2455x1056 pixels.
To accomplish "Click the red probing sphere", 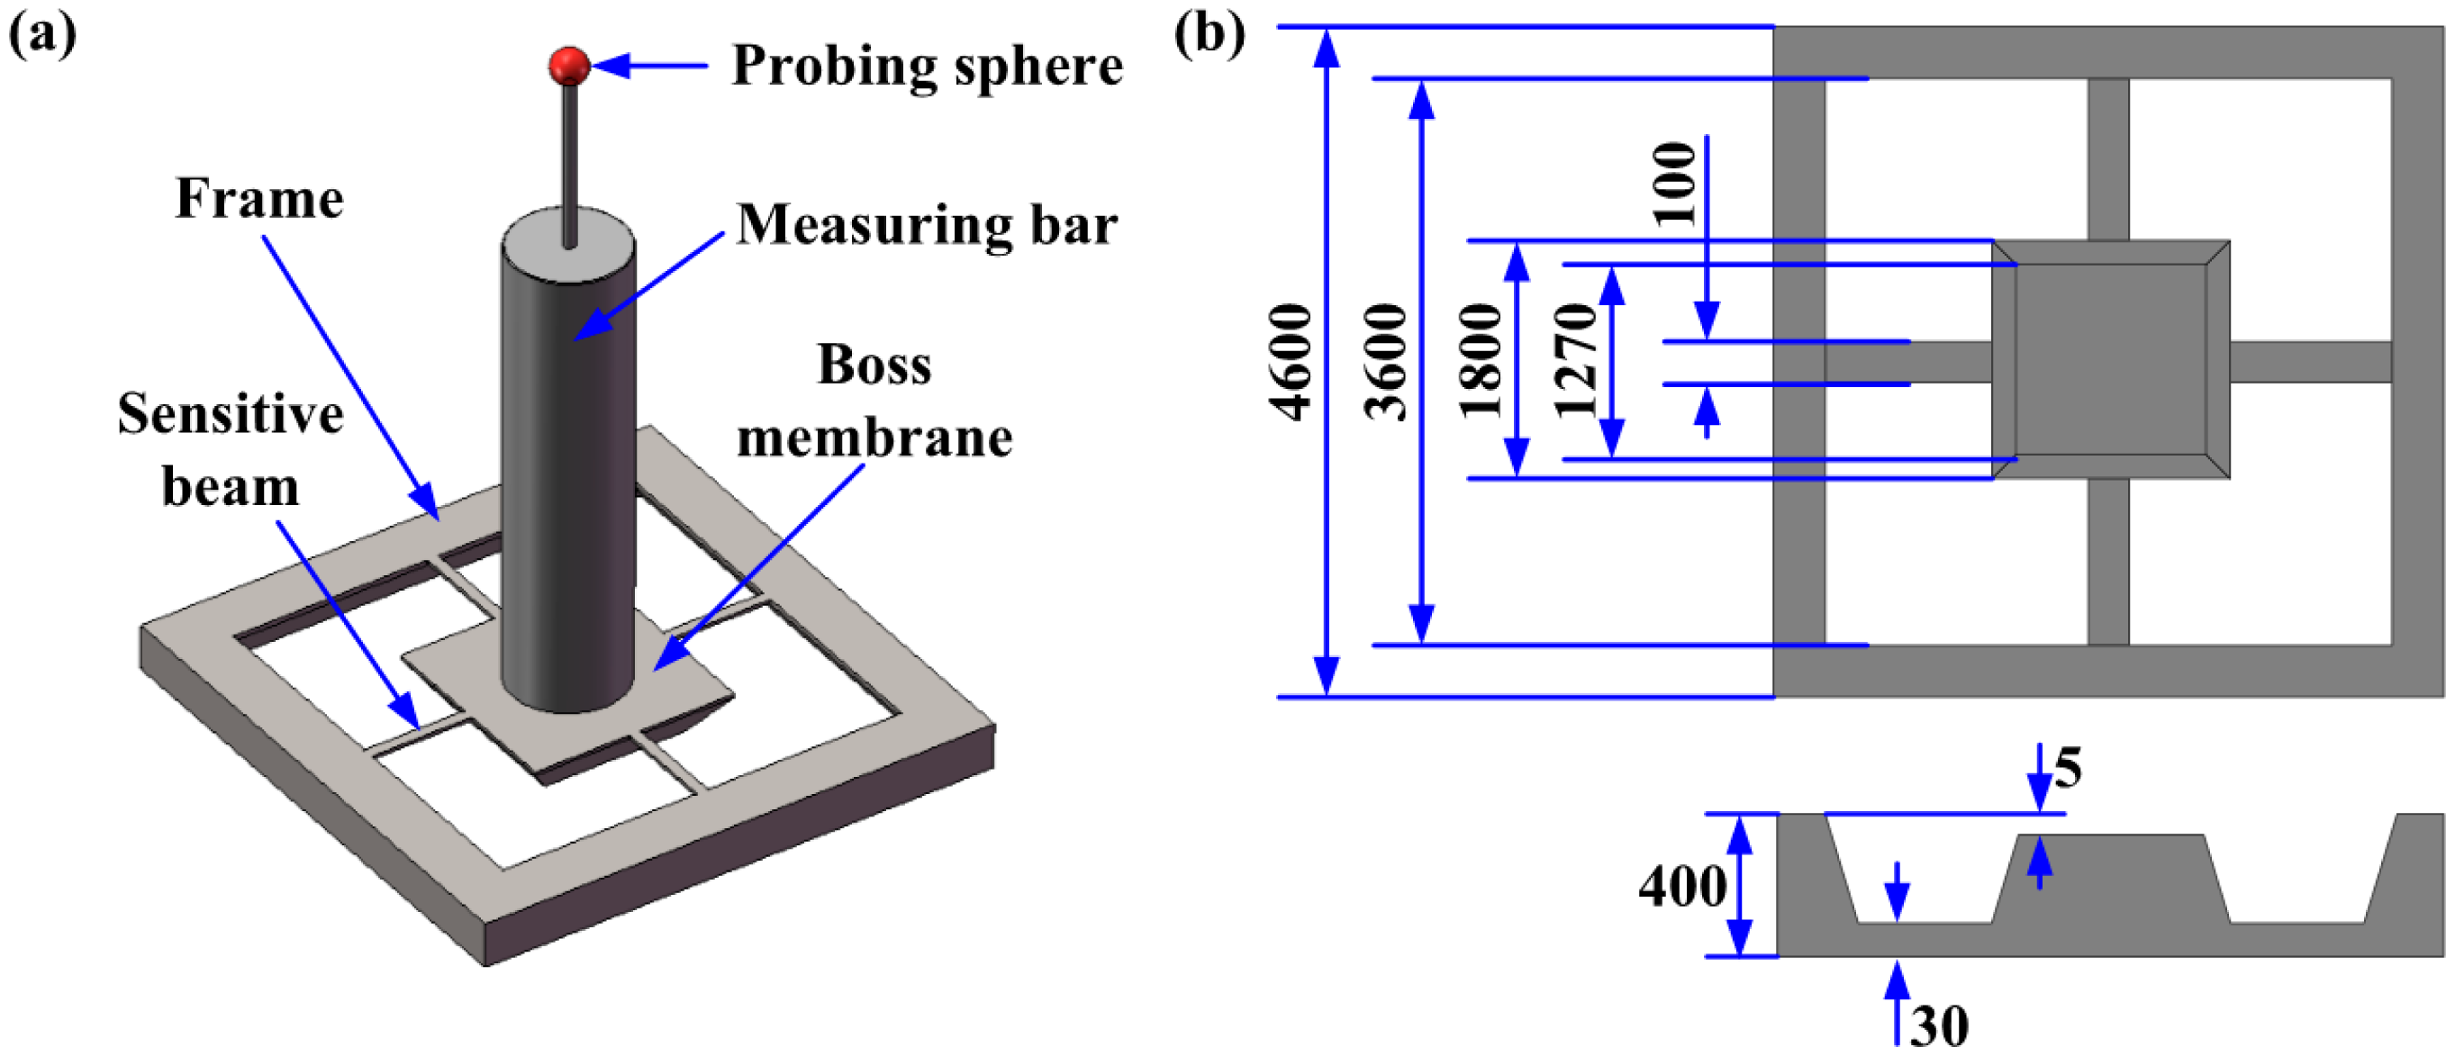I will (569, 65).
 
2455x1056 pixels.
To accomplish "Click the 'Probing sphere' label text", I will (927, 67).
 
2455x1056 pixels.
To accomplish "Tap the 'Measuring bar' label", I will (927, 226).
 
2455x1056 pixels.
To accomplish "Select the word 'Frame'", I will (259, 199).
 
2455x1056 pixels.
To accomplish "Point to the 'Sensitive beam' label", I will (230, 450).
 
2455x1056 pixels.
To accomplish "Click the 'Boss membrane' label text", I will (874, 402).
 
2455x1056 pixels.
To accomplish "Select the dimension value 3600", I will (1386, 361).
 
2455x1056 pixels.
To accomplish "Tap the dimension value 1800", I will (1481, 361).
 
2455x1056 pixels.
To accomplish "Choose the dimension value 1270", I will (1574, 361).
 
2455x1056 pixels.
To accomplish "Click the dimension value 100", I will (1675, 183).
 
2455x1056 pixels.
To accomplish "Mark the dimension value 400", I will (1681, 887).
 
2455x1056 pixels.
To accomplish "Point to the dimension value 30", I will (1938, 1027).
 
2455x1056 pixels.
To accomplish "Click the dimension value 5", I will (2067, 768).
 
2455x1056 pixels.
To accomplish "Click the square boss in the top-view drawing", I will (2110, 360).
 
